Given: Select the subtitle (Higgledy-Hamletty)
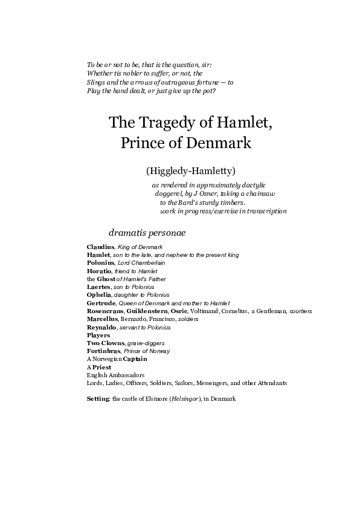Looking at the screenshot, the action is (190, 170).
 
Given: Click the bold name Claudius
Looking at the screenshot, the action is (100, 247).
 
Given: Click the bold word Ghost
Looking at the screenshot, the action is (106, 279).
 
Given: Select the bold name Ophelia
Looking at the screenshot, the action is (99, 295).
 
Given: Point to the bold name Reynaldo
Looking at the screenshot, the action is (100, 327).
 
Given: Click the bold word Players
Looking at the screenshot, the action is (98, 335).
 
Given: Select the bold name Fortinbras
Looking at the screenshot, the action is (103, 351).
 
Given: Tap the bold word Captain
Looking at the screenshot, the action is (135, 358).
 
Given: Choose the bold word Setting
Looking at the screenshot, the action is (98, 399).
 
